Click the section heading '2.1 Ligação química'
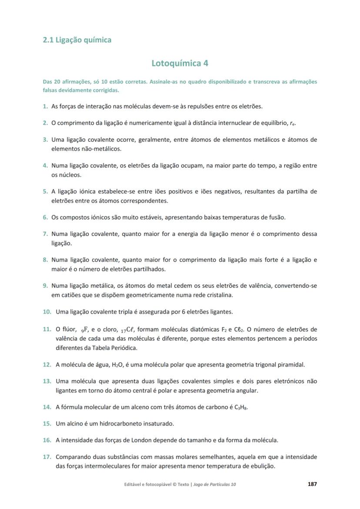tap(77, 40)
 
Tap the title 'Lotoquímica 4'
tap(180, 63)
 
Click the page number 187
tap(312, 484)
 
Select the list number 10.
tap(47, 312)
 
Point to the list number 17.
tap(47, 457)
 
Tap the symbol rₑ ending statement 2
tap(293, 123)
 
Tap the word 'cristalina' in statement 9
tap(220, 295)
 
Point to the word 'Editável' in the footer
tap(133, 484)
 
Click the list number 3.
tap(45, 140)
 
